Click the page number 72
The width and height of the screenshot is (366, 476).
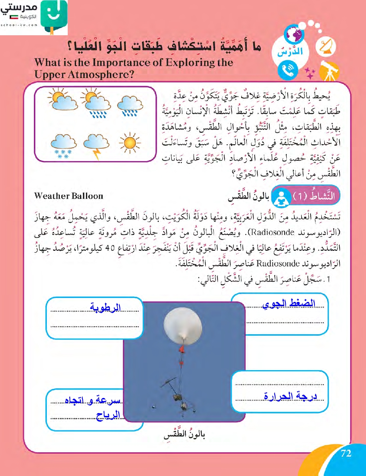click(346, 453)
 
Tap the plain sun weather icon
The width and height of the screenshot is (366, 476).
click(129, 143)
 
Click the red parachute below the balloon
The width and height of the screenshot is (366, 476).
click(182, 349)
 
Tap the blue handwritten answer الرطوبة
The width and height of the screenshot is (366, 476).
click(105, 308)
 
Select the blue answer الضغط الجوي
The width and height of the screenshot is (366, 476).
click(289, 304)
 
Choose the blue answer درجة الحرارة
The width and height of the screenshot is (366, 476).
click(290, 396)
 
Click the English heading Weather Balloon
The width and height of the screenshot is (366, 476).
click(68, 196)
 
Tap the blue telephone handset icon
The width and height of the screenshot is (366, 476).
click(287, 70)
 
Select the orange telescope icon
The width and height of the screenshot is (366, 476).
click(328, 71)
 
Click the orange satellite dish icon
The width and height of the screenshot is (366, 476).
click(326, 47)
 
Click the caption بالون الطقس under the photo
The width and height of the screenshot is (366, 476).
click(184, 434)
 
